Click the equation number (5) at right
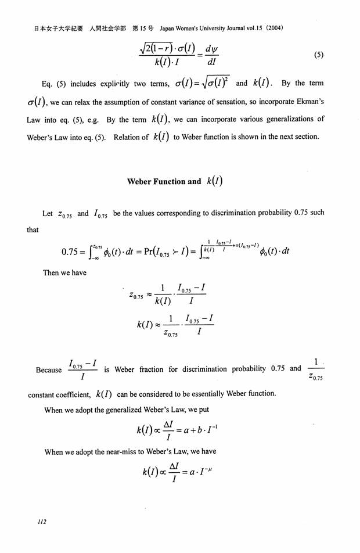tap(318, 55)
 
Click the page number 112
tap(42, 522)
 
